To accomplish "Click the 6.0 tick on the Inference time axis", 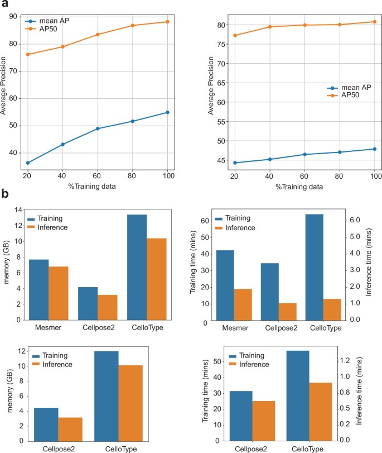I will [x=355, y=220].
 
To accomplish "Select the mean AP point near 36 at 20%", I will [x=27, y=163].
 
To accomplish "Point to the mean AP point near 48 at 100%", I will [x=375, y=149].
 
